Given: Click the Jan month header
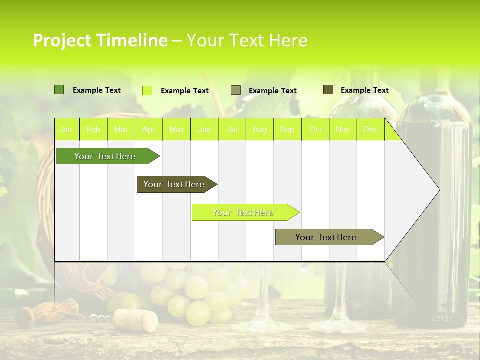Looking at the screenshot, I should (66, 130).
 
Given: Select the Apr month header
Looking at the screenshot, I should (148, 130).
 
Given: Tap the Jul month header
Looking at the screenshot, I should (232, 130).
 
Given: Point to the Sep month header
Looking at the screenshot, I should (287, 130).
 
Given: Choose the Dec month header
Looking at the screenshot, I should (370, 130).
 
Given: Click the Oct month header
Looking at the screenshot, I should (315, 130).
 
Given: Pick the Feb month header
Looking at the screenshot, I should (93, 130).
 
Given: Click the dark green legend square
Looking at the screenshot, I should (59, 90).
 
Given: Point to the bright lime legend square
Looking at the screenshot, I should (147, 90).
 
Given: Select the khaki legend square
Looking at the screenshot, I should (235, 90).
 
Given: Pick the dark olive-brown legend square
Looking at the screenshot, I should (328, 89).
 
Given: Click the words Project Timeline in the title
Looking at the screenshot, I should (100, 40).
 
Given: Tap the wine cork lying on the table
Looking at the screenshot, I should (135, 320).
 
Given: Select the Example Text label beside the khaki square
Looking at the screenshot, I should (272, 91).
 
